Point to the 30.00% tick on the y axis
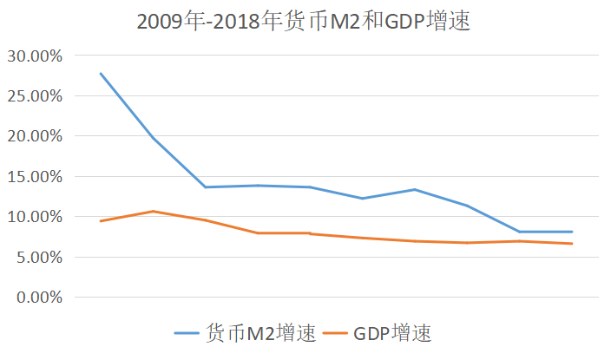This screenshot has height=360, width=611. (35, 56)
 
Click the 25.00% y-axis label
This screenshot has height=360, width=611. (35, 96)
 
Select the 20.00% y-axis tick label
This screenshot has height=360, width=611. (35, 136)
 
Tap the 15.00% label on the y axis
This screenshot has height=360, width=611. (35, 177)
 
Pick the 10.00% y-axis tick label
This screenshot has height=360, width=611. (35, 217)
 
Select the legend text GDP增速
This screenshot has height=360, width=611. (391, 333)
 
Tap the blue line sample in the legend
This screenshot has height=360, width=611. (187, 333)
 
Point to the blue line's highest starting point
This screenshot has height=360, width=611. (101, 74)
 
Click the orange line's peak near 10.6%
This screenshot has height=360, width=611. (153, 211)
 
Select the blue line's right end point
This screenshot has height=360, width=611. (572, 232)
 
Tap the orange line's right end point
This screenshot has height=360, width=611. (572, 244)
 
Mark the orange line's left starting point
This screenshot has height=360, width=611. (101, 221)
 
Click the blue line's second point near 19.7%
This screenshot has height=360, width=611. (153, 138)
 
